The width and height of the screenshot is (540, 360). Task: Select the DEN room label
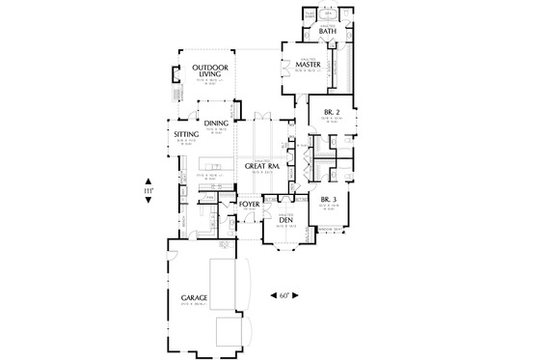pos(284,220)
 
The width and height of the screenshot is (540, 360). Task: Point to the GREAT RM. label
pos(262,167)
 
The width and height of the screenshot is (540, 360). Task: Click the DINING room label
pos(216,124)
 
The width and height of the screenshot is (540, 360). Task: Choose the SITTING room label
pos(186,135)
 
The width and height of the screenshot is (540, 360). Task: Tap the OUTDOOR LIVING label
pos(209,72)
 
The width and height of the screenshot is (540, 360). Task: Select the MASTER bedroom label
pos(308,65)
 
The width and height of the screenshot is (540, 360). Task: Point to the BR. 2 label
pos(330,112)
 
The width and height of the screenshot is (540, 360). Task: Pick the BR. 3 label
pos(327,200)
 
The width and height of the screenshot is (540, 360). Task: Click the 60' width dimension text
pos(284,295)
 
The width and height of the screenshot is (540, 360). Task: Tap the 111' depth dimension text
pos(148,192)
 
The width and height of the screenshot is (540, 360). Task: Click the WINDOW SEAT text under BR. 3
pos(331,228)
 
